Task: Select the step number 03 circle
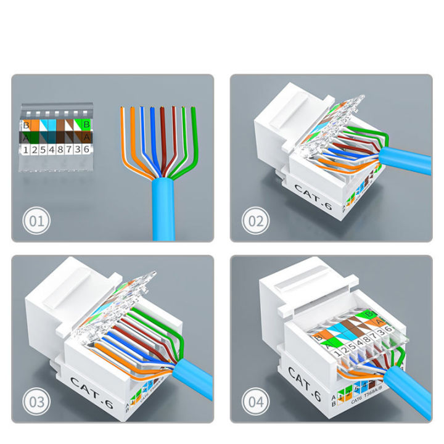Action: [38, 403]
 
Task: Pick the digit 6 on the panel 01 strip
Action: [87, 149]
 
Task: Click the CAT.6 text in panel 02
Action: [313, 198]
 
